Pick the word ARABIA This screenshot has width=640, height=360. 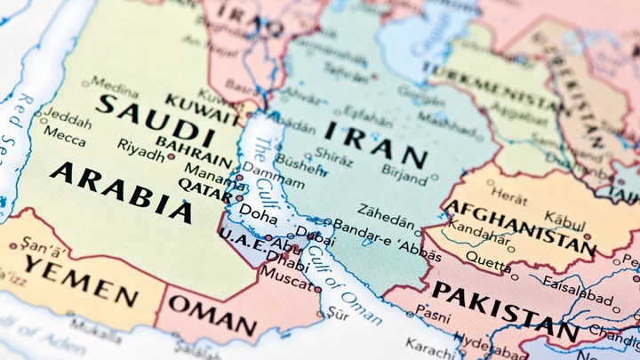click(x=121, y=190)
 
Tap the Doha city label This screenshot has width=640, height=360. click(x=258, y=216)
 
